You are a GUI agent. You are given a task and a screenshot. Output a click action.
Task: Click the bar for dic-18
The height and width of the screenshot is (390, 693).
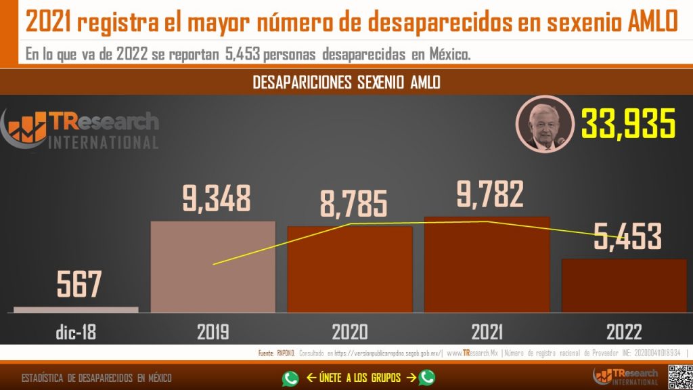[x=76, y=309]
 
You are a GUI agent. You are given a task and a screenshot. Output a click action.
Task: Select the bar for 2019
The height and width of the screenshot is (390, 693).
[x=213, y=267]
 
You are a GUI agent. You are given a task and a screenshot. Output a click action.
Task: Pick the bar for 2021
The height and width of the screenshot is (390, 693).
[x=487, y=265]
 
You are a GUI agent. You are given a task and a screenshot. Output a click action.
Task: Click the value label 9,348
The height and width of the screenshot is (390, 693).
[x=217, y=198]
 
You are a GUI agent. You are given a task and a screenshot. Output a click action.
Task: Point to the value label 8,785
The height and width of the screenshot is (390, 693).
[x=353, y=204]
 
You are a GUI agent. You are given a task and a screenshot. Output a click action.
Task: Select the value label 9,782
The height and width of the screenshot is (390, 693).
[x=490, y=194]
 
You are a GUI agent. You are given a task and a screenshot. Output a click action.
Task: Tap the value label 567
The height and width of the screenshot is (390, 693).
[x=79, y=284]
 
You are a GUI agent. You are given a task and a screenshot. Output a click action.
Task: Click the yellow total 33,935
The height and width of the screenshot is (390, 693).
[x=629, y=125]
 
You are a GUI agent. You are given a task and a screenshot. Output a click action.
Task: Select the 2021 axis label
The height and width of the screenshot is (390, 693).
[x=487, y=332]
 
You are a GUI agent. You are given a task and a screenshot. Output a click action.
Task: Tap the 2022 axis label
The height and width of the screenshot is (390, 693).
[x=624, y=332]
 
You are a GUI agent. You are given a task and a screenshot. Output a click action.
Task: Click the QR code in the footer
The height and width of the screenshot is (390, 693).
[x=679, y=376]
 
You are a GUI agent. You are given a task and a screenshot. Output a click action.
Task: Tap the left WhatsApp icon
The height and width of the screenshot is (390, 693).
[x=290, y=378]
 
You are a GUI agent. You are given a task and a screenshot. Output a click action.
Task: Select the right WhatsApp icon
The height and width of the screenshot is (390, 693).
[x=426, y=378]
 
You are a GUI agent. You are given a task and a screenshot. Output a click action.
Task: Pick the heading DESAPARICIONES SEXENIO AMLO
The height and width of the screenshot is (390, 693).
[x=346, y=83]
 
